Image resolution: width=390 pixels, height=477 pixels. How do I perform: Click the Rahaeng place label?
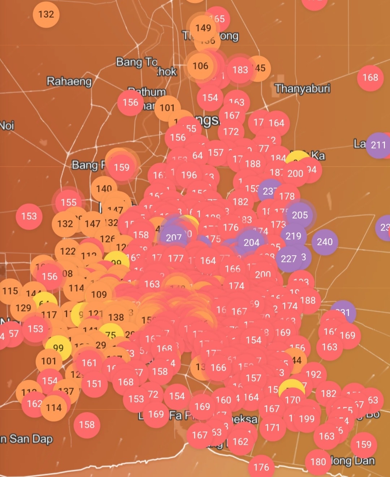point(69,81)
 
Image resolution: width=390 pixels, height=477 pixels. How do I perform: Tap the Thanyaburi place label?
point(302,89)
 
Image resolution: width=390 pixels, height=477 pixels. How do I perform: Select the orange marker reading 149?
point(203,28)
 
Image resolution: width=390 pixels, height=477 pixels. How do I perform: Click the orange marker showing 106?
point(200,66)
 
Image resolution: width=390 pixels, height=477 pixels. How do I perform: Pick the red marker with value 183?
point(240,70)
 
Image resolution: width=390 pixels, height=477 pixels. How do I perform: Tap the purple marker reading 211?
point(378,145)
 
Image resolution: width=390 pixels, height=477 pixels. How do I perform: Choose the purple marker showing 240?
point(325,242)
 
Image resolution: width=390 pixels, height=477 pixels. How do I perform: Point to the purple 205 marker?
point(300,215)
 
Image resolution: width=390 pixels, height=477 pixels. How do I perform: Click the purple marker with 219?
point(293,236)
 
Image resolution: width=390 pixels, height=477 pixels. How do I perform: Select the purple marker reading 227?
point(289,259)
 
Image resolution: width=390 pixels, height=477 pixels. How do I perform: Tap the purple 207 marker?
point(174,237)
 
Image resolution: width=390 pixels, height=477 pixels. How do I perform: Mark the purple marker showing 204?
point(251,242)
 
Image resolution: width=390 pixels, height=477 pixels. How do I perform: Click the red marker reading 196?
point(189,175)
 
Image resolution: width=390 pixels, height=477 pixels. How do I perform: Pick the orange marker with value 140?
point(104,188)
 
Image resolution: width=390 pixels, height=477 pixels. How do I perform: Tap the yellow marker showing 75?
point(110,335)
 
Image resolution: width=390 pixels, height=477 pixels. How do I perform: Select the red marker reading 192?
point(313,374)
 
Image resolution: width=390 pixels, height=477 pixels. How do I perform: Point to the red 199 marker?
point(307,419)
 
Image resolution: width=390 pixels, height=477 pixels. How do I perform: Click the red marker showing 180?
point(318,461)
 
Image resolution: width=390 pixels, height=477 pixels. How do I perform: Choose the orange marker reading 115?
point(10,291)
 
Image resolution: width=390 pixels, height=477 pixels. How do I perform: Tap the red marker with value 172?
point(231,132)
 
